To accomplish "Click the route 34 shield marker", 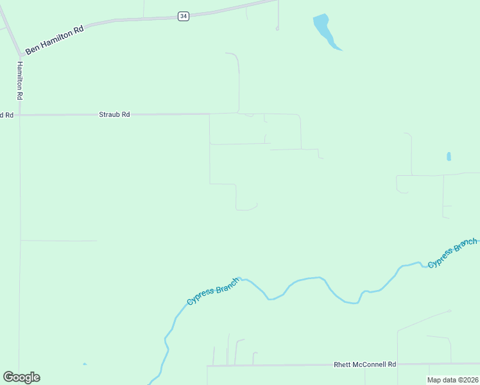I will pos(184,16).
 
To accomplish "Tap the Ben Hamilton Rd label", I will pos(55,40).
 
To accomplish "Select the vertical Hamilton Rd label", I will pos(20,80).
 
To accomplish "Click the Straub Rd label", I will pos(114,114).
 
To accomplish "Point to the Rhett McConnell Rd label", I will pos(365,364).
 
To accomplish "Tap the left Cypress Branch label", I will pos(212,292).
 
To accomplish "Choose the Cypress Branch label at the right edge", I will pos(452,253).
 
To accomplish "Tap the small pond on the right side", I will pos(449,156).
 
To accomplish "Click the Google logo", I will pos(22,377).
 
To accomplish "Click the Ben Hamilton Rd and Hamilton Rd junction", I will pos(20,55).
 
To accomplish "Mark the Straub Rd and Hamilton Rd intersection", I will pos(20,116).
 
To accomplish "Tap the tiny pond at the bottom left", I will pos(85,364).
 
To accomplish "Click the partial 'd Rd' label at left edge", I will pos(6,115).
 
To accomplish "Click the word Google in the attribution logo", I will pos(22,377).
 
